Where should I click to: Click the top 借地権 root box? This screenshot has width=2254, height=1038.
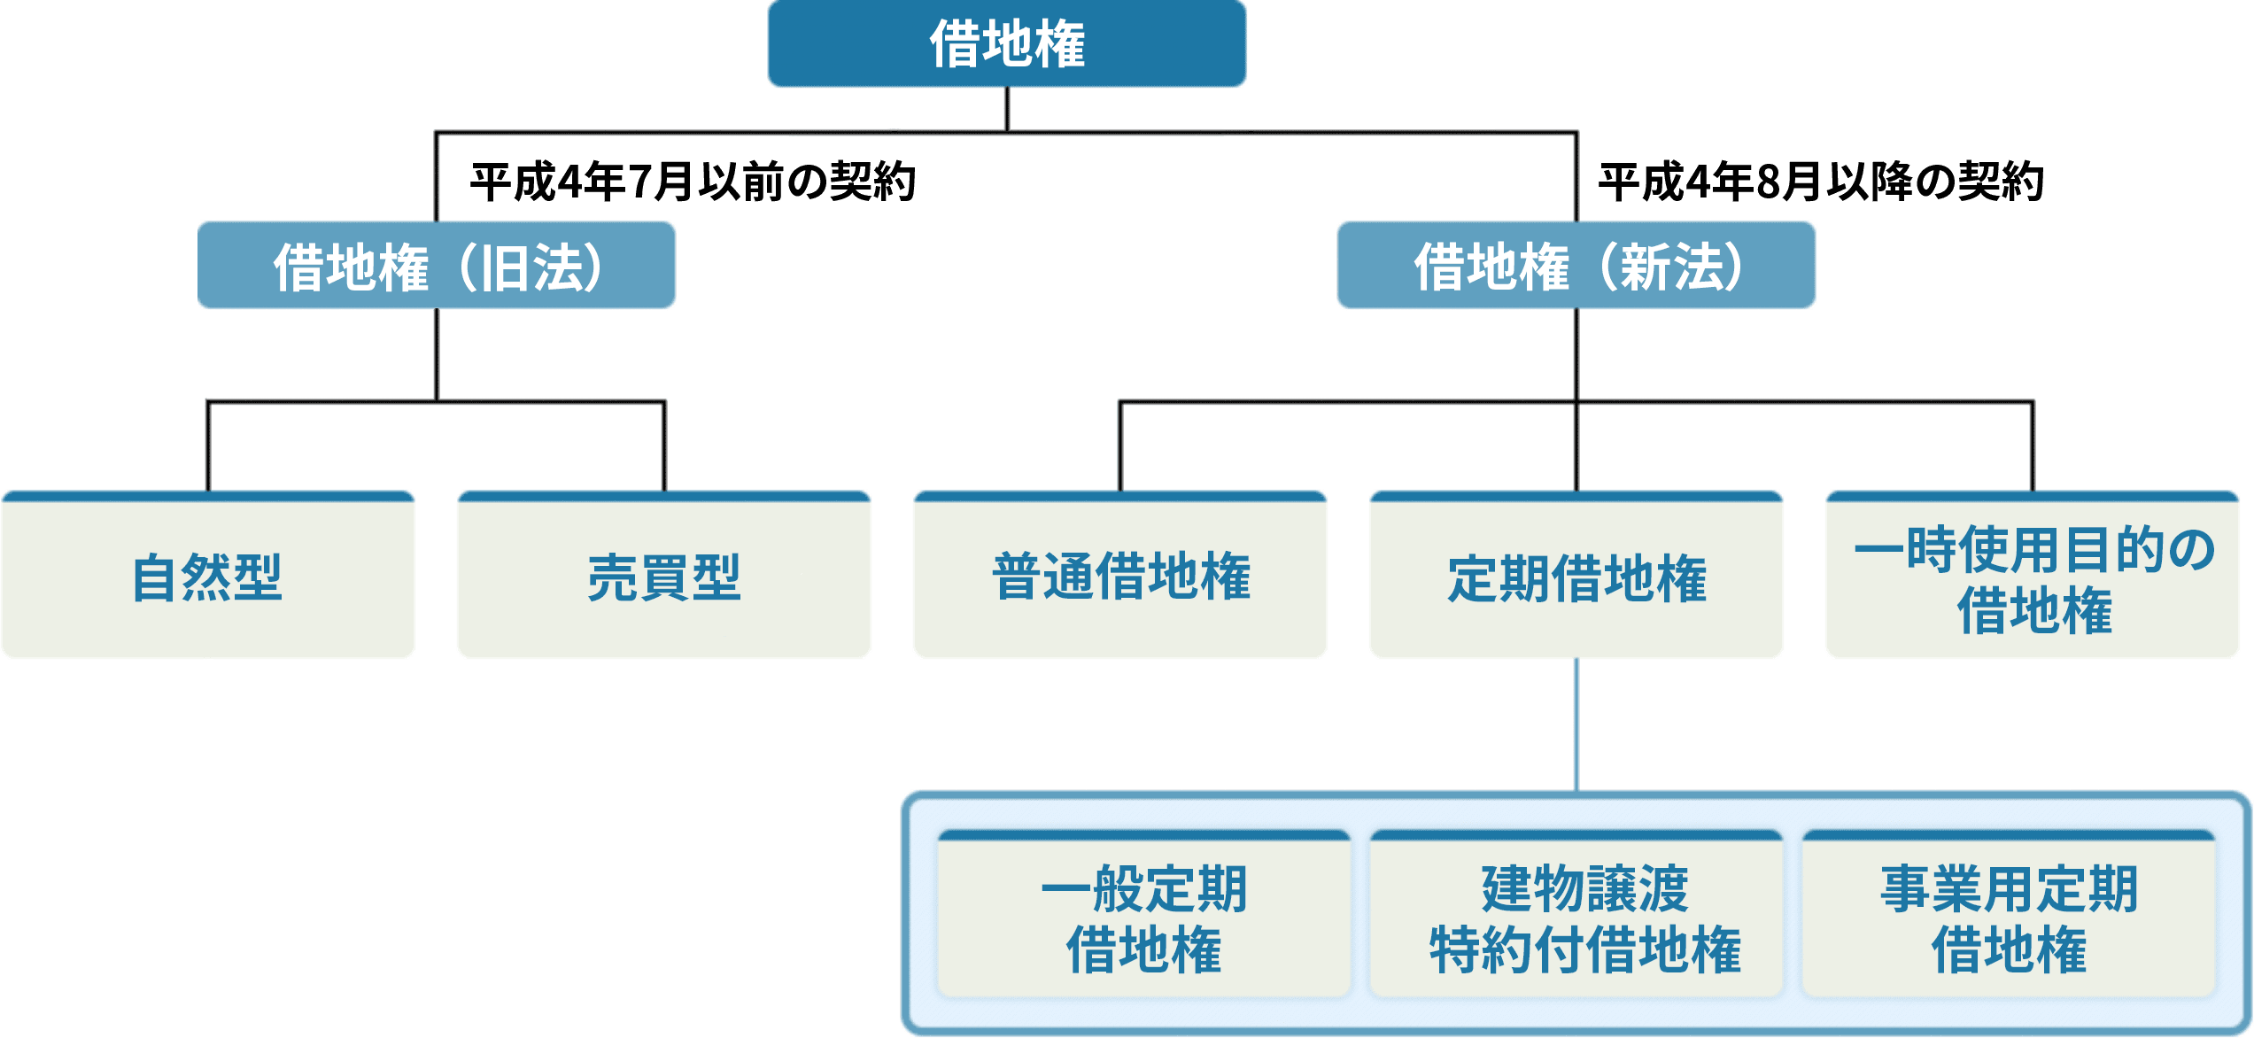click(x=1007, y=44)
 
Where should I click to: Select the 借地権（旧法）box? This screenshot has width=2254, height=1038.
click(x=437, y=266)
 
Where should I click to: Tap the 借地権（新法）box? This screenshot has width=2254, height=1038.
click(x=1576, y=266)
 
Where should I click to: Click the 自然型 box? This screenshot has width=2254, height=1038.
click(x=208, y=577)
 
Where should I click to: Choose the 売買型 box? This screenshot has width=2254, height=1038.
click(x=664, y=577)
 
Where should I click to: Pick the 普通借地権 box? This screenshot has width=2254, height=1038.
click(x=1120, y=577)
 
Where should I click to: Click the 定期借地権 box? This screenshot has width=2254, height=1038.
click(x=1576, y=577)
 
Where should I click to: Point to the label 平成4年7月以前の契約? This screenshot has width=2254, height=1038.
click(x=693, y=182)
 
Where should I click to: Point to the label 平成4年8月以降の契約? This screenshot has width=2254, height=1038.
click(x=1821, y=182)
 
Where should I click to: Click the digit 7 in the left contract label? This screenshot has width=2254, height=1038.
click(x=640, y=182)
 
